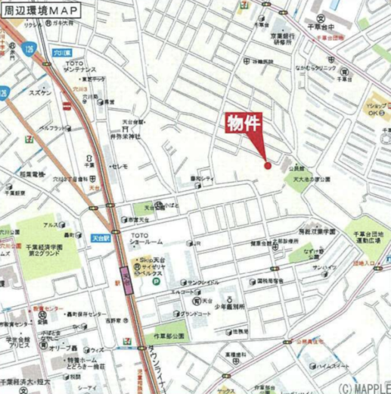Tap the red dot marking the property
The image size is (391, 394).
point(267,164)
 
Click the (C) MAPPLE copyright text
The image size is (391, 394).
point(362,387)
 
